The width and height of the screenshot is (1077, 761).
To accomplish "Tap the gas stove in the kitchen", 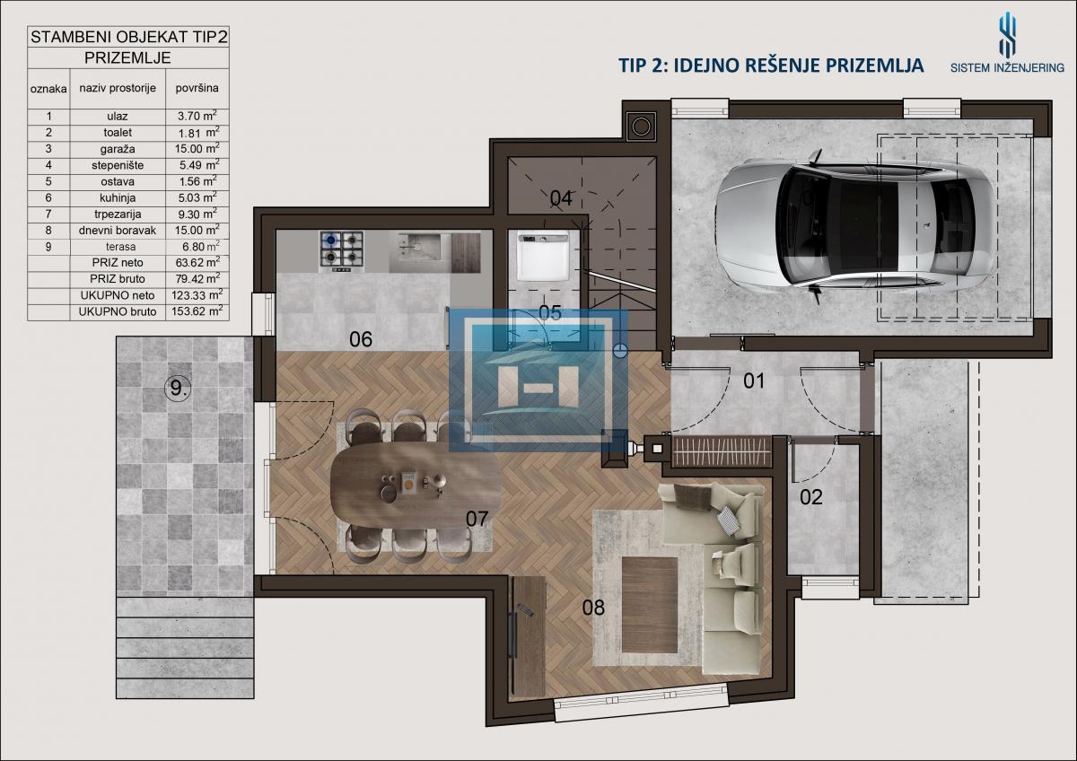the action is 342,252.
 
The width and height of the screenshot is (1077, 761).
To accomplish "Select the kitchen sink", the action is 419,253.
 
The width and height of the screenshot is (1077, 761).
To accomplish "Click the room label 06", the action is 361,339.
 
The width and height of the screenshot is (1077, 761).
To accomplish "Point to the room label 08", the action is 593,608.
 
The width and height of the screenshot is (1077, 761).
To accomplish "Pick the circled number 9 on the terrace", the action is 178,388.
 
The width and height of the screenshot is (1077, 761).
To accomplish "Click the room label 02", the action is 811,497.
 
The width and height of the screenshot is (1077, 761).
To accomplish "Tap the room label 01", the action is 754,381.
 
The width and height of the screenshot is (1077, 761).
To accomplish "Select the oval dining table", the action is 416,485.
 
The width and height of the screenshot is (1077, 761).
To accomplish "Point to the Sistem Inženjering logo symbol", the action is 1008,35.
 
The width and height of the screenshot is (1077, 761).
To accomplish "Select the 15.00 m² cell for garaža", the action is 197,149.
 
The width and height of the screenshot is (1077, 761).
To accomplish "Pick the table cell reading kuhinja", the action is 118,197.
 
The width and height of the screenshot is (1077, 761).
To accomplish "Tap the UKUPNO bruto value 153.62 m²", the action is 197,311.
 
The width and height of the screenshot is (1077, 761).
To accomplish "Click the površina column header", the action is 197,88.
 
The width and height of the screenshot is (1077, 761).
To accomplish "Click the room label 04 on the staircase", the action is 561,198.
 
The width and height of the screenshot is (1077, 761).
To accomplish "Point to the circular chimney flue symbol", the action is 642,127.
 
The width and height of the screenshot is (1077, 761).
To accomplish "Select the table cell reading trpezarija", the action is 118,214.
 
